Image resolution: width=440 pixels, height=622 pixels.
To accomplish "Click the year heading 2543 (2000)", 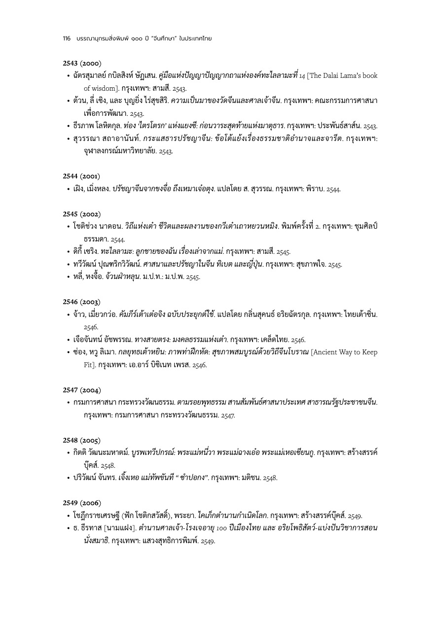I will [82, 63].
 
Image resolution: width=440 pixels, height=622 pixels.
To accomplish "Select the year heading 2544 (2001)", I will [82, 176].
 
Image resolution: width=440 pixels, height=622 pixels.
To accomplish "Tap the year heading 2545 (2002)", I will [82, 214].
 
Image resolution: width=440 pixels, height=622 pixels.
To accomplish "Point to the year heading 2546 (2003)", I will [82, 302].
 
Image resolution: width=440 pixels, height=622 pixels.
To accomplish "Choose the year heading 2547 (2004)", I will [82, 390].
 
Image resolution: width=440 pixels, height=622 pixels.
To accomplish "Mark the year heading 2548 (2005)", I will [82, 440].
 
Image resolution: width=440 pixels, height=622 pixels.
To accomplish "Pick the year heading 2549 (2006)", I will [82, 503].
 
